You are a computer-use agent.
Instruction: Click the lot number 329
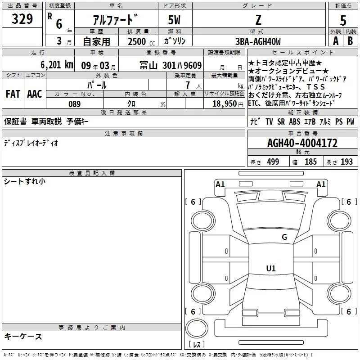click(22, 19)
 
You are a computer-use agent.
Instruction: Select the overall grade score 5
click(343, 20)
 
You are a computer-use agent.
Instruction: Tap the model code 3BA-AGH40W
click(257, 42)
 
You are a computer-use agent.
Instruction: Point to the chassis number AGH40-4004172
click(302, 144)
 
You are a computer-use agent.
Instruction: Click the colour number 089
click(75, 104)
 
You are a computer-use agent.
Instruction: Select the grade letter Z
click(257, 20)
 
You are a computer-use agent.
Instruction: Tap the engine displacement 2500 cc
click(138, 42)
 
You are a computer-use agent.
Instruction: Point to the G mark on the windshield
click(284, 237)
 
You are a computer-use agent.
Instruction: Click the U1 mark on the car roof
click(270, 269)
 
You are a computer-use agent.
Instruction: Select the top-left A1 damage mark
click(220, 184)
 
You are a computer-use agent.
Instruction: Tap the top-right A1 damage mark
click(321, 184)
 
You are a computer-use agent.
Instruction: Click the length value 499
click(273, 162)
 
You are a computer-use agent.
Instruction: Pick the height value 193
click(347, 162)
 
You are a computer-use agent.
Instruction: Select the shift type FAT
click(13, 94)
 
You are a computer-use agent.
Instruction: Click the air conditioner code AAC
click(34, 94)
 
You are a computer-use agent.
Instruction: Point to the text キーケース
click(23, 337)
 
